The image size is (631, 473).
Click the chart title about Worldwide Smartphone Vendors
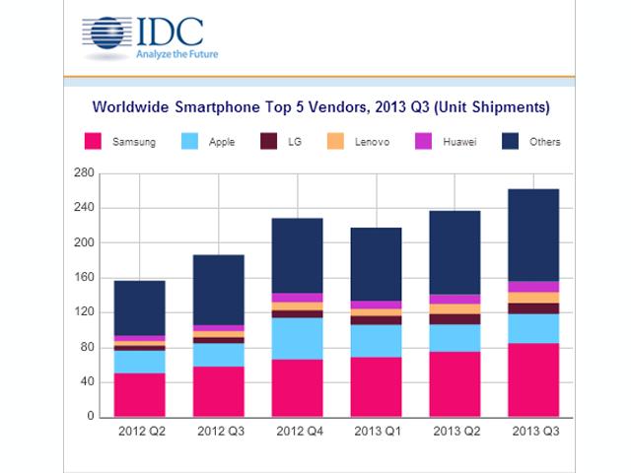[320, 105]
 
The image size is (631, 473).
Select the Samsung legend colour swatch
[94, 142]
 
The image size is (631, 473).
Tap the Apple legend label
[222, 142]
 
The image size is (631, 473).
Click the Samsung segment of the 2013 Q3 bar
[532, 379]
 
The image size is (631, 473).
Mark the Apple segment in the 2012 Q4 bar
[297, 338]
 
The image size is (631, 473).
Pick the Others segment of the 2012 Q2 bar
[140, 308]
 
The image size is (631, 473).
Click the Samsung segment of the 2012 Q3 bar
[219, 391]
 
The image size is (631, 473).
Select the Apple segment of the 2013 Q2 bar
[455, 337]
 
